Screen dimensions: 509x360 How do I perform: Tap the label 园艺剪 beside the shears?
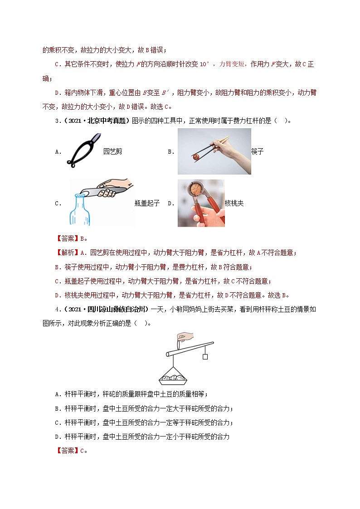point(112,152)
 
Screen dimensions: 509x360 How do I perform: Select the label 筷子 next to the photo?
point(257,152)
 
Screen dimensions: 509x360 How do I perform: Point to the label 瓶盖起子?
point(147,204)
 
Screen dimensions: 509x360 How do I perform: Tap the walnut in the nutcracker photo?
point(198,189)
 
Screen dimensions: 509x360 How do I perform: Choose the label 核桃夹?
point(234,204)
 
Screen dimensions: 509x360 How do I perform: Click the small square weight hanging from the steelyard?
point(205,357)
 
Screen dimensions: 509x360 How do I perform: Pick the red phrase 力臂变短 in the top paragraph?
point(231,65)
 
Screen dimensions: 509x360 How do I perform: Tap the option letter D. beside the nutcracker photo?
point(171,204)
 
